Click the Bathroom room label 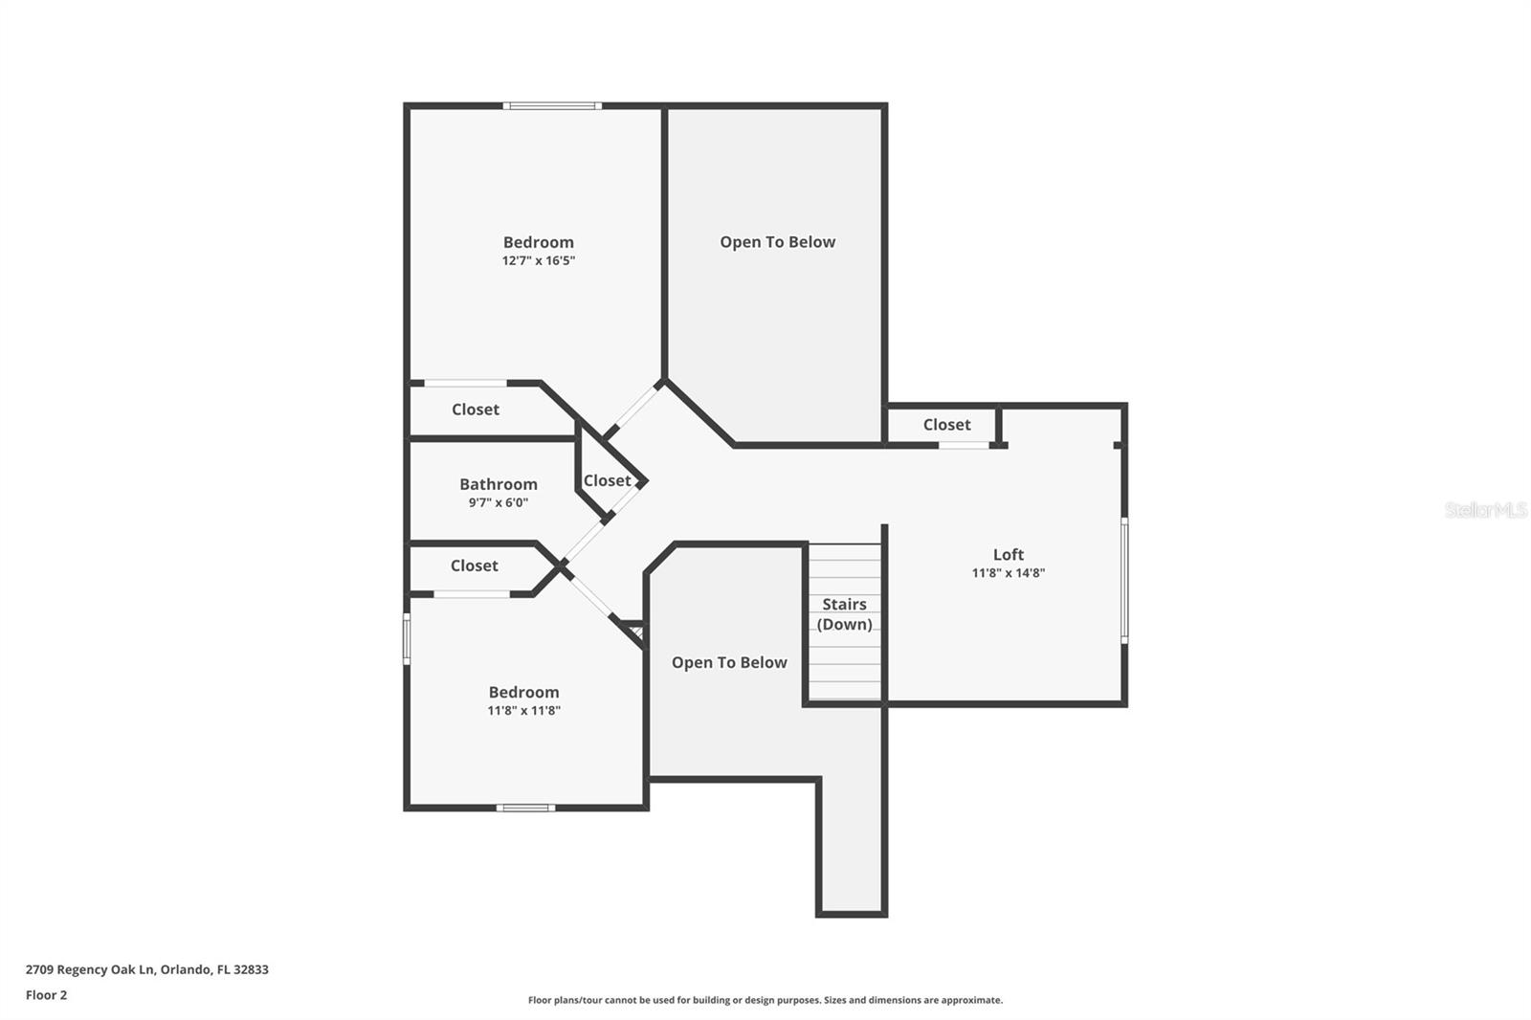click(498, 484)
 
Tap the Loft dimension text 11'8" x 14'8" click(1008, 573)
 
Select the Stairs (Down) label click(844, 614)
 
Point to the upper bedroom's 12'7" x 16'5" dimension click(538, 260)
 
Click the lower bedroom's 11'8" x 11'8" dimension click(523, 710)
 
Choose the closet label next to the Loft click(946, 424)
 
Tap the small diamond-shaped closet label click(607, 480)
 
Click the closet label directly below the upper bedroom click(475, 409)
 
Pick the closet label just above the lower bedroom click(474, 565)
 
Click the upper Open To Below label click(777, 242)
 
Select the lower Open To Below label click(728, 662)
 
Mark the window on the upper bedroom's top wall click(552, 105)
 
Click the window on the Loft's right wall click(1124, 580)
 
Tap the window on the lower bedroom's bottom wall click(525, 808)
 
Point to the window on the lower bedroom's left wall click(407, 638)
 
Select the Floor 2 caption click(46, 995)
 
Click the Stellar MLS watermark click(1485, 510)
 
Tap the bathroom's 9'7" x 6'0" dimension click(498, 502)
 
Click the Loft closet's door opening click(964, 445)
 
